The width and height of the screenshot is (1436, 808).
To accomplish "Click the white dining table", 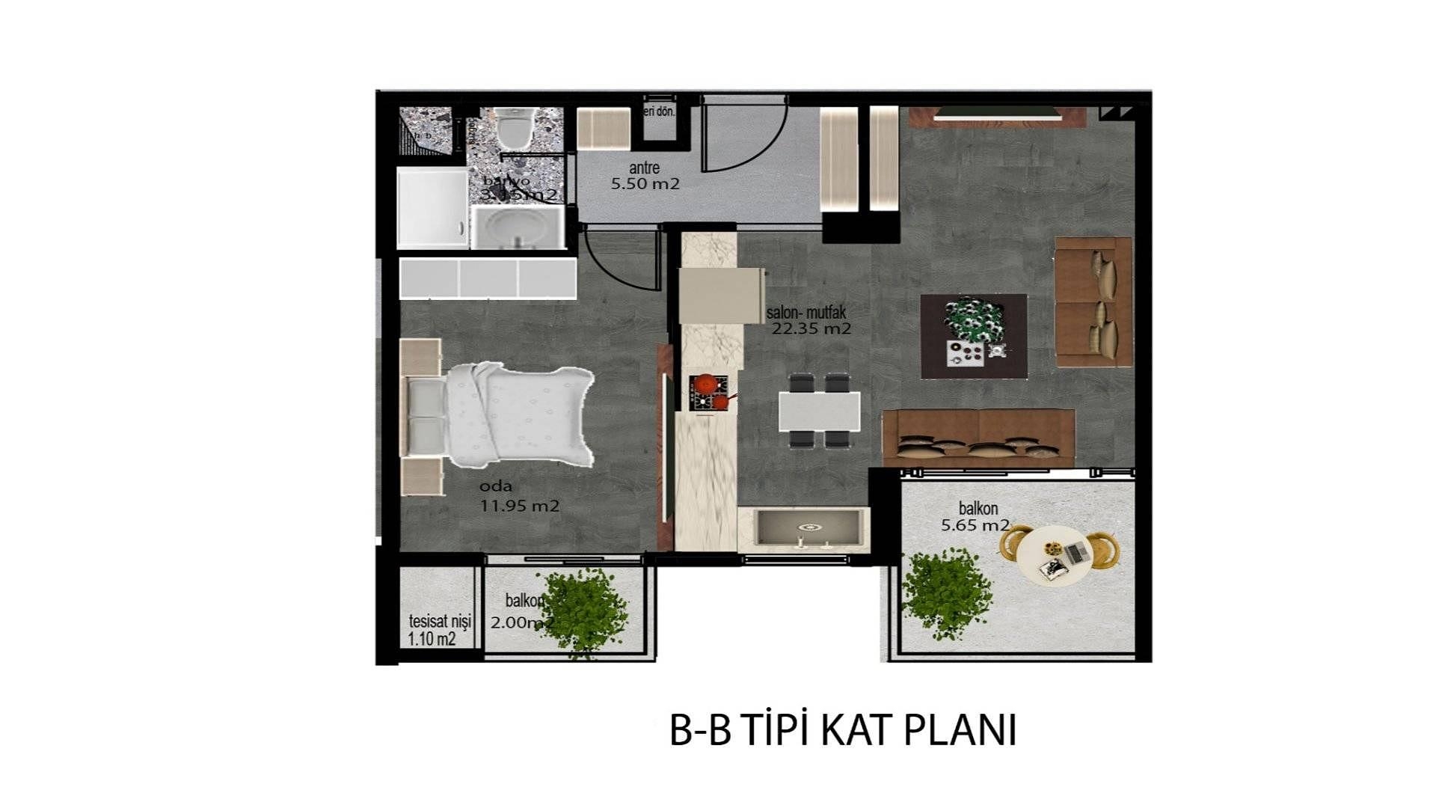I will pyautogui.click(x=819, y=411).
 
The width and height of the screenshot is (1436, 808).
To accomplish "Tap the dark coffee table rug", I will pyautogui.click(x=973, y=336).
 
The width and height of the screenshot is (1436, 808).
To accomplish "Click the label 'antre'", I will pyautogui.click(x=644, y=168).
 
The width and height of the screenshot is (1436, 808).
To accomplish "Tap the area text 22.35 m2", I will pyautogui.click(x=811, y=328).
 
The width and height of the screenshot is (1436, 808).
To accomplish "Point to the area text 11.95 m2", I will pyautogui.click(x=520, y=506).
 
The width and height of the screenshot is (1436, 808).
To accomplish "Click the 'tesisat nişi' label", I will pyautogui.click(x=440, y=621).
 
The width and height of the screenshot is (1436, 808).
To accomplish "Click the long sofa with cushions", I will pyautogui.click(x=978, y=438).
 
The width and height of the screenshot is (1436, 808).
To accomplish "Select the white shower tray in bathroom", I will pyautogui.click(x=432, y=208).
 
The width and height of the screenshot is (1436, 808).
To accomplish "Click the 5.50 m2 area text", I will pyautogui.click(x=645, y=184).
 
